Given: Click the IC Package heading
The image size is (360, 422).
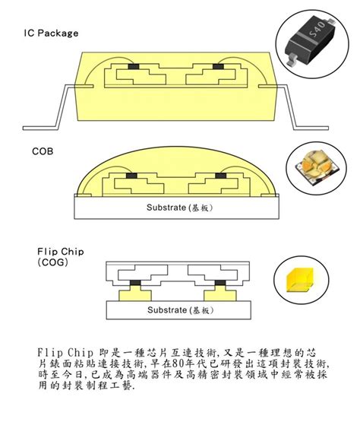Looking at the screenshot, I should click(x=52, y=33).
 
